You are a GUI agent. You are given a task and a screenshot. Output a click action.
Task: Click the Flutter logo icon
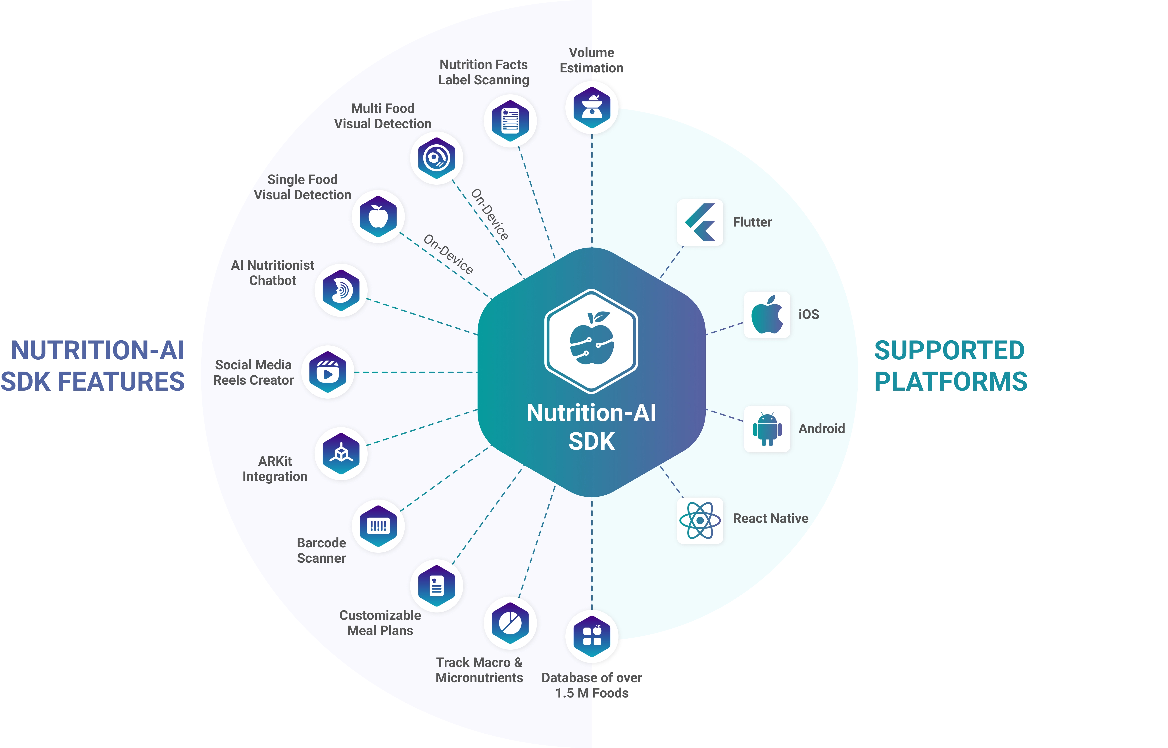[x=700, y=223]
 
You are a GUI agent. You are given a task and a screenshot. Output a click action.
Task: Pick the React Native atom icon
[x=700, y=520]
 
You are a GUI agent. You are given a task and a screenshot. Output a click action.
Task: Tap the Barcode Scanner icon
[x=378, y=525]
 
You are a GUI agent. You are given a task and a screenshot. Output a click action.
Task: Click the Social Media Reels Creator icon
[x=328, y=372]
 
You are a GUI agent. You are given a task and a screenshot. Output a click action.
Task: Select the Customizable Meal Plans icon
[x=436, y=586]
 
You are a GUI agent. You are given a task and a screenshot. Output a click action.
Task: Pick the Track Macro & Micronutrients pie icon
[x=510, y=623]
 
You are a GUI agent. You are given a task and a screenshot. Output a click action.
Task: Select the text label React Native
[x=770, y=519]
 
